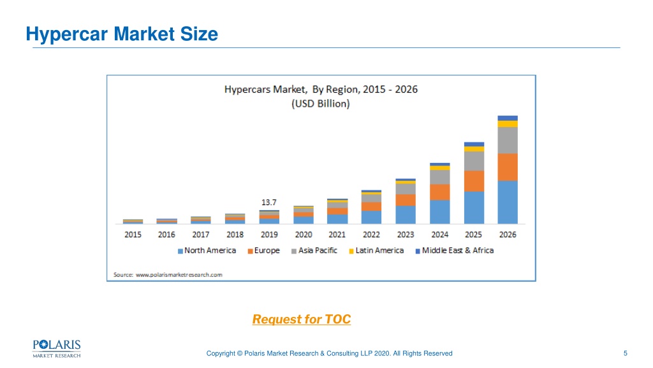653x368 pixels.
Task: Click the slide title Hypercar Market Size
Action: pyautogui.click(x=122, y=34)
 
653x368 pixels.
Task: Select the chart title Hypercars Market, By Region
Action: pyautogui.click(x=321, y=89)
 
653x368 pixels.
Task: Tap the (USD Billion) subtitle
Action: pyautogui.click(x=321, y=103)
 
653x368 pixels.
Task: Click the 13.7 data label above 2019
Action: pyautogui.click(x=268, y=203)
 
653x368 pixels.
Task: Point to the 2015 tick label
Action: pyautogui.click(x=133, y=234)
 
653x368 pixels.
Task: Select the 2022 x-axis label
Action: pyautogui.click(x=371, y=234)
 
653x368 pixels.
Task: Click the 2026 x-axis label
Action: pyautogui.click(x=508, y=234)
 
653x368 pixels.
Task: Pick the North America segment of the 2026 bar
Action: pyautogui.click(x=508, y=202)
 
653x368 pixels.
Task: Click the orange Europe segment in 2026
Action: pyautogui.click(x=508, y=167)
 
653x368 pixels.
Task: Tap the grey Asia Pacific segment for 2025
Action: pyautogui.click(x=474, y=161)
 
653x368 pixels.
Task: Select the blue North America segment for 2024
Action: pyautogui.click(x=440, y=212)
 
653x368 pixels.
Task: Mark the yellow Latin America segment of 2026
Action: pyautogui.click(x=508, y=124)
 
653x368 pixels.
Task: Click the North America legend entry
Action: pyautogui.click(x=207, y=250)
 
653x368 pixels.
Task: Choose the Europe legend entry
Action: pyautogui.click(x=263, y=250)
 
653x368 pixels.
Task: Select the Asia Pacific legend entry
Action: pyautogui.click(x=314, y=250)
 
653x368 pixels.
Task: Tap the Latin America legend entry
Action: pyautogui.click(x=376, y=250)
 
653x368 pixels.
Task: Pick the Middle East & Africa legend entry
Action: pyautogui.click(x=455, y=250)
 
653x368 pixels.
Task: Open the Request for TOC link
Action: pyautogui.click(x=302, y=319)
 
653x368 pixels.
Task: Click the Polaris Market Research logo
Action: pyautogui.click(x=57, y=349)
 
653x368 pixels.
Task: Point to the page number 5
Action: pyautogui.click(x=625, y=353)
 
